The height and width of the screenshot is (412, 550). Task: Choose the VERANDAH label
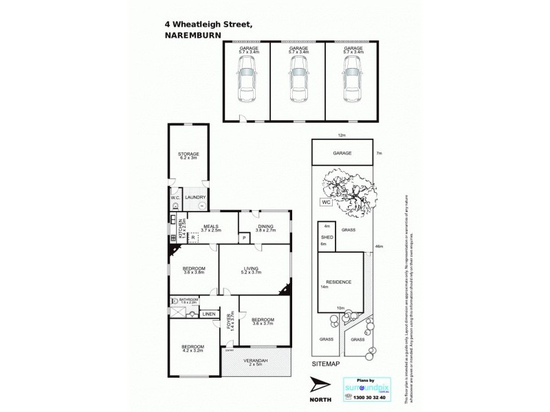pos(256,360)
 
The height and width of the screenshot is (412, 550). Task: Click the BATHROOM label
pos(188,300)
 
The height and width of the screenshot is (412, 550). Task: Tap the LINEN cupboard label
pos(208,314)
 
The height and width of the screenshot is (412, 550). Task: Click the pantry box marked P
pos(243,238)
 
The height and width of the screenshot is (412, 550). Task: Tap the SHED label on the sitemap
pos(327,238)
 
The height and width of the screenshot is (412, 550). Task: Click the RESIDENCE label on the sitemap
pos(338,282)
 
